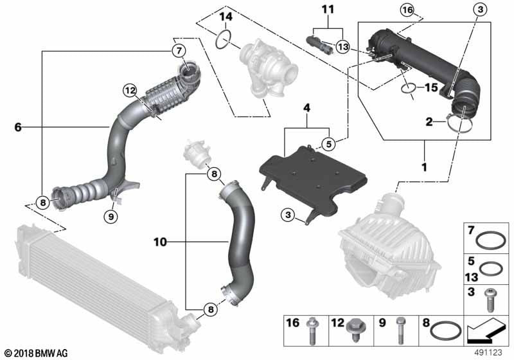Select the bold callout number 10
click(x=161, y=242)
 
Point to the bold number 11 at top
click(x=328, y=10)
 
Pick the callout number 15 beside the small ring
click(x=430, y=87)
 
